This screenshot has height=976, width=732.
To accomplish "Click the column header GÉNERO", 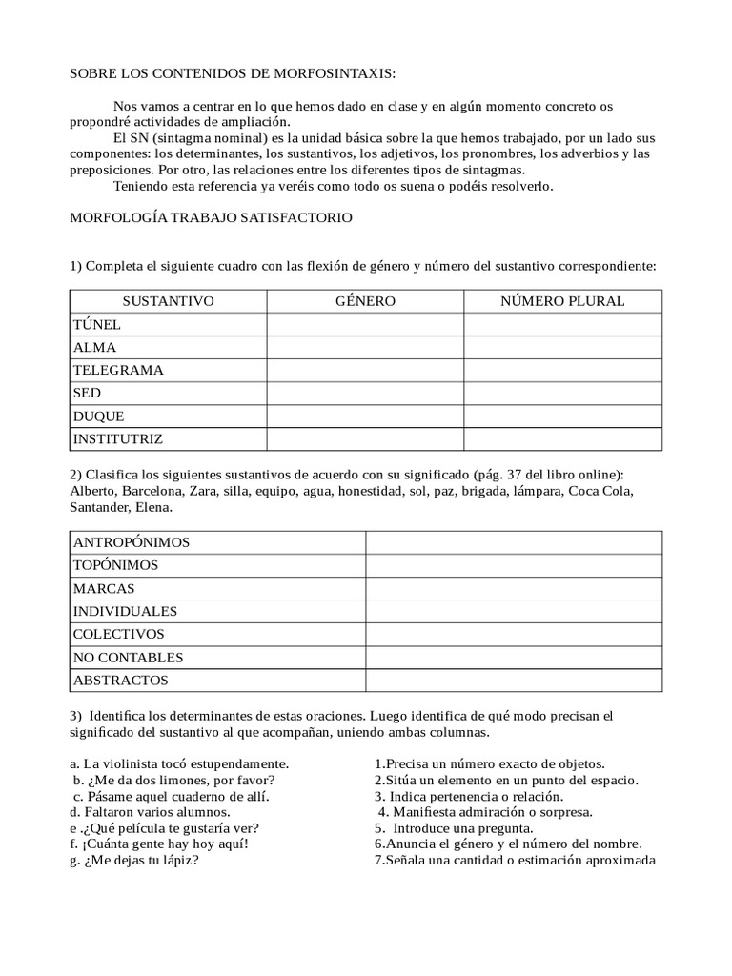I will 365,301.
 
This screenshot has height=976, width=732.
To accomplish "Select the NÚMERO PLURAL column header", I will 562,301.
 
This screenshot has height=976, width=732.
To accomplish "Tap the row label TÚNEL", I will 96,325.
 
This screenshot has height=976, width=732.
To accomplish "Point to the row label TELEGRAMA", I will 118,371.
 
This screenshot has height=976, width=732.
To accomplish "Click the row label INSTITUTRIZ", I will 118,439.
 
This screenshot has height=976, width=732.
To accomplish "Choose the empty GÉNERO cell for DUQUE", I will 365,417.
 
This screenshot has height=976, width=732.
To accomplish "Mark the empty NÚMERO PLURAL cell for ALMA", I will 562,348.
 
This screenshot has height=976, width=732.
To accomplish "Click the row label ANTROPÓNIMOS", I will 132,542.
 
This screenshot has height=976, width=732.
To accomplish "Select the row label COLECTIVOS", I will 118,634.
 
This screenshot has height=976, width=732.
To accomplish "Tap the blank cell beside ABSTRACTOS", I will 514,681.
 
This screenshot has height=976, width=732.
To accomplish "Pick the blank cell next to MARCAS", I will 514,588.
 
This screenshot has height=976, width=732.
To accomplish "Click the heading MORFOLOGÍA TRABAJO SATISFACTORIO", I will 212,218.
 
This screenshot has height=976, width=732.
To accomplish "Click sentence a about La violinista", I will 179,763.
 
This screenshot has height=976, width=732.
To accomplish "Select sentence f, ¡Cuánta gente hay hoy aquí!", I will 159,844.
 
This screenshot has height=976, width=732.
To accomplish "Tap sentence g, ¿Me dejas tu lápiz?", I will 134,860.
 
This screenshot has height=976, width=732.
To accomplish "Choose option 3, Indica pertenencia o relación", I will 468,796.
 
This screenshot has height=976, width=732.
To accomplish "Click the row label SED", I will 87,394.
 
